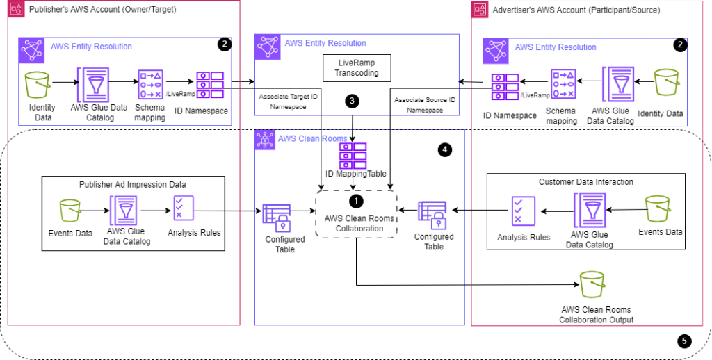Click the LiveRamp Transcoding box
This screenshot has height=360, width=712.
click(357, 68)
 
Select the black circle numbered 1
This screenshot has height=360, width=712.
click(356, 201)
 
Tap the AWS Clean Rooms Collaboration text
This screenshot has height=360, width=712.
click(356, 223)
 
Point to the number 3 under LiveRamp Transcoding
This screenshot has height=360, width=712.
click(352, 101)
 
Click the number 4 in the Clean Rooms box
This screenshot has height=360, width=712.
click(445, 149)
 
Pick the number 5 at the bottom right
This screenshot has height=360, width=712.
click(684, 341)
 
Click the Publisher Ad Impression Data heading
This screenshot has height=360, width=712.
click(133, 184)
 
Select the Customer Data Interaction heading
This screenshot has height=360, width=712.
click(585, 182)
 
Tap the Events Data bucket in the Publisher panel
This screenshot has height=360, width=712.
click(70, 211)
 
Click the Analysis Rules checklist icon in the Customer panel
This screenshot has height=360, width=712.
click(523, 211)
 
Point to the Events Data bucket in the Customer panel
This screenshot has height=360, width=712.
click(657, 209)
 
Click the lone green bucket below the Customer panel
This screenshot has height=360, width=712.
click(592, 285)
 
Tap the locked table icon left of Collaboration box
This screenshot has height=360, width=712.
click(276, 218)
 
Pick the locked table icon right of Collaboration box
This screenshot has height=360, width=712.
click(432, 215)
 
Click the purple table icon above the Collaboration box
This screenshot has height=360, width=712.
click(353, 156)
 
